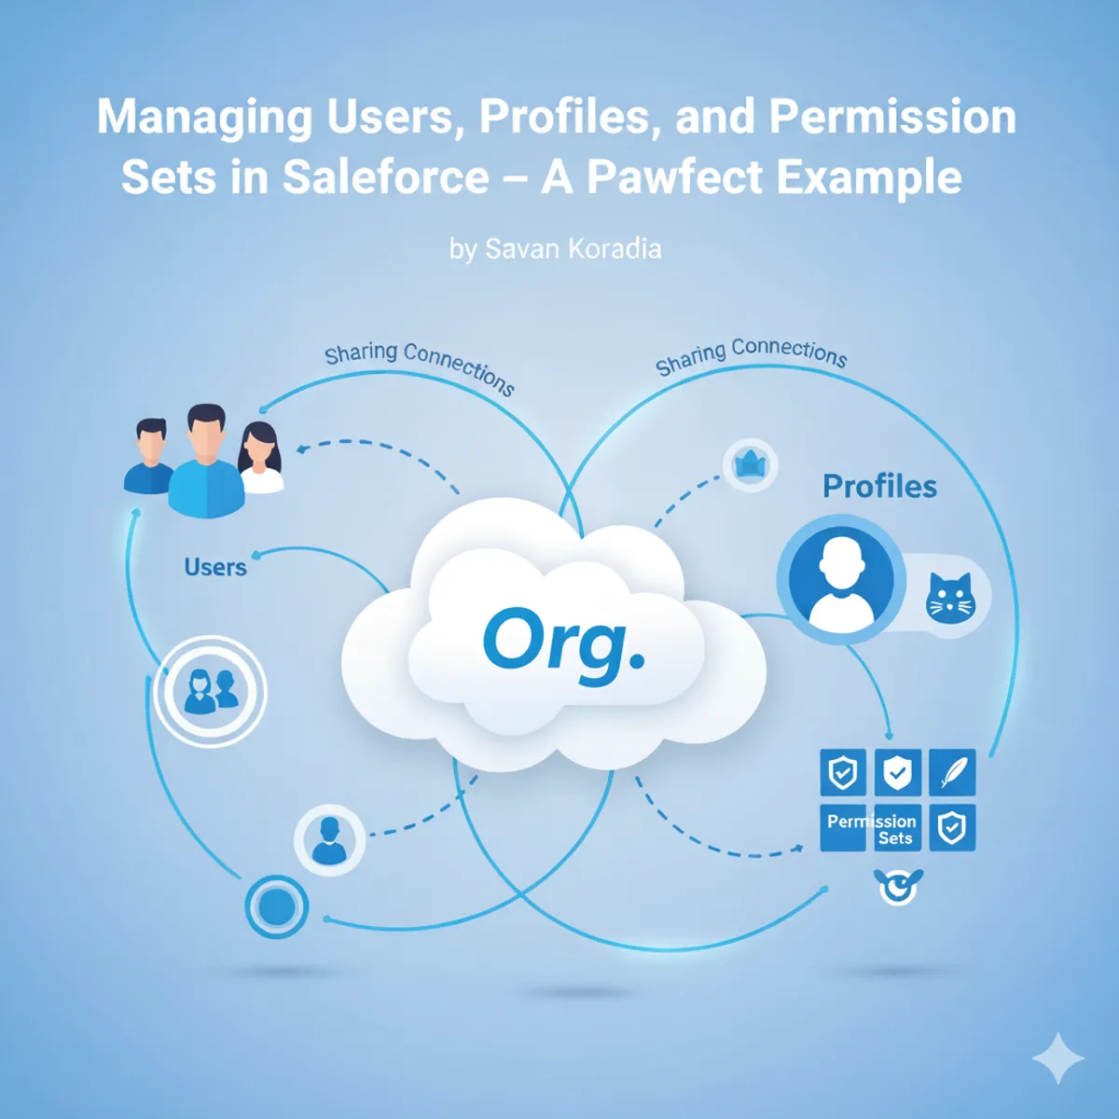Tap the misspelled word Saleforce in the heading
point(385,177)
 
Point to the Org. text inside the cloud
point(563,642)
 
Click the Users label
point(215,567)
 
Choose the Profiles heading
point(879,486)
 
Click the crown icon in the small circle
point(750,463)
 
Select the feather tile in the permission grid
point(952,772)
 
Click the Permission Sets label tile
point(871,828)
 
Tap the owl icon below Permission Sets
point(898,886)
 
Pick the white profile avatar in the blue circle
point(841,580)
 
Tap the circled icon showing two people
point(211,692)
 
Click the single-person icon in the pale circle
point(328,840)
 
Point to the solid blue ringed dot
point(277,906)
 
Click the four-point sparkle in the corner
point(1057,1058)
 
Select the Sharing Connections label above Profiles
point(751,356)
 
